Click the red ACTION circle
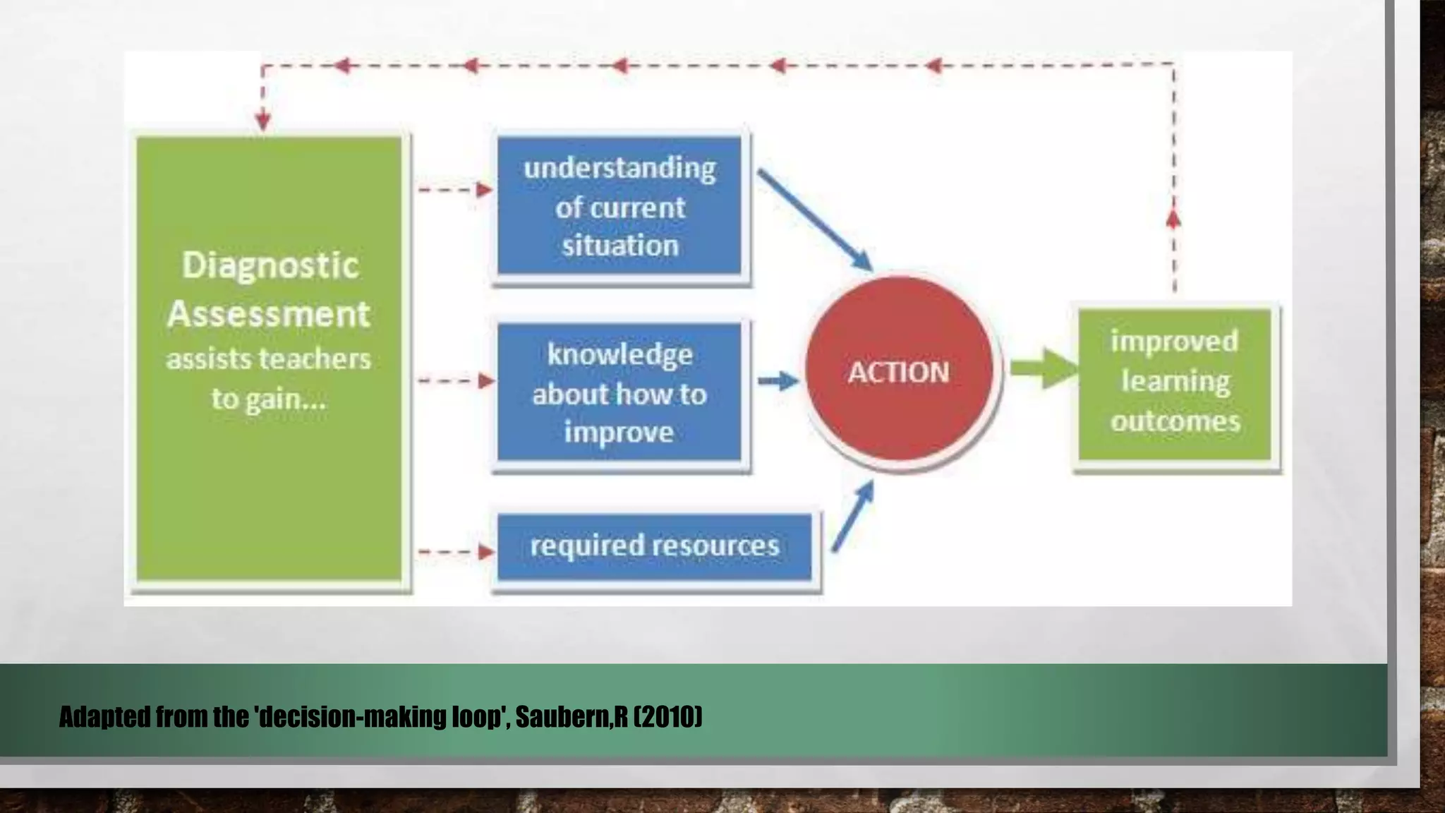[x=899, y=370]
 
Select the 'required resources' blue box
[x=654, y=546]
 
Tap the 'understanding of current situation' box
[x=619, y=206]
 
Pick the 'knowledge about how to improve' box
[x=619, y=392]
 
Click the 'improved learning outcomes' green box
[x=1175, y=383]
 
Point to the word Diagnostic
[x=270, y=266]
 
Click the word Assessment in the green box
[x=269, y=314]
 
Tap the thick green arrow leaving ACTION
[x=1043, y=368]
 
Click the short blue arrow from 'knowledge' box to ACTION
[x=778, y=381]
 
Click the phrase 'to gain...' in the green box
[x=269, y=399]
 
